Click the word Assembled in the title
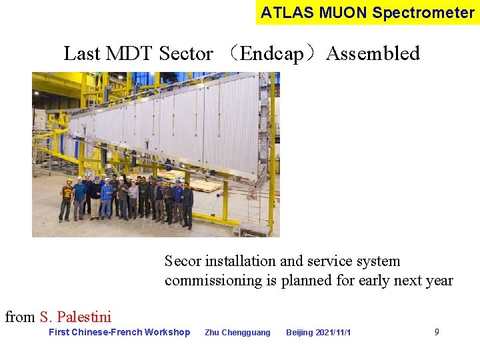click(373, 53)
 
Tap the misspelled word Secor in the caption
click(183, 261)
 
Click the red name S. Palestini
click(75, 317)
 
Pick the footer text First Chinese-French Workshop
click(119, 332)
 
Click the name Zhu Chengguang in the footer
click(237, 333)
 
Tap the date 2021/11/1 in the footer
click(334, 333)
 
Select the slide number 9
click(437, 332)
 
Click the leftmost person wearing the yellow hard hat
click(67, 199)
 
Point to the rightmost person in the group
click(187, 203)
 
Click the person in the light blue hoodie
click(107, 199)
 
